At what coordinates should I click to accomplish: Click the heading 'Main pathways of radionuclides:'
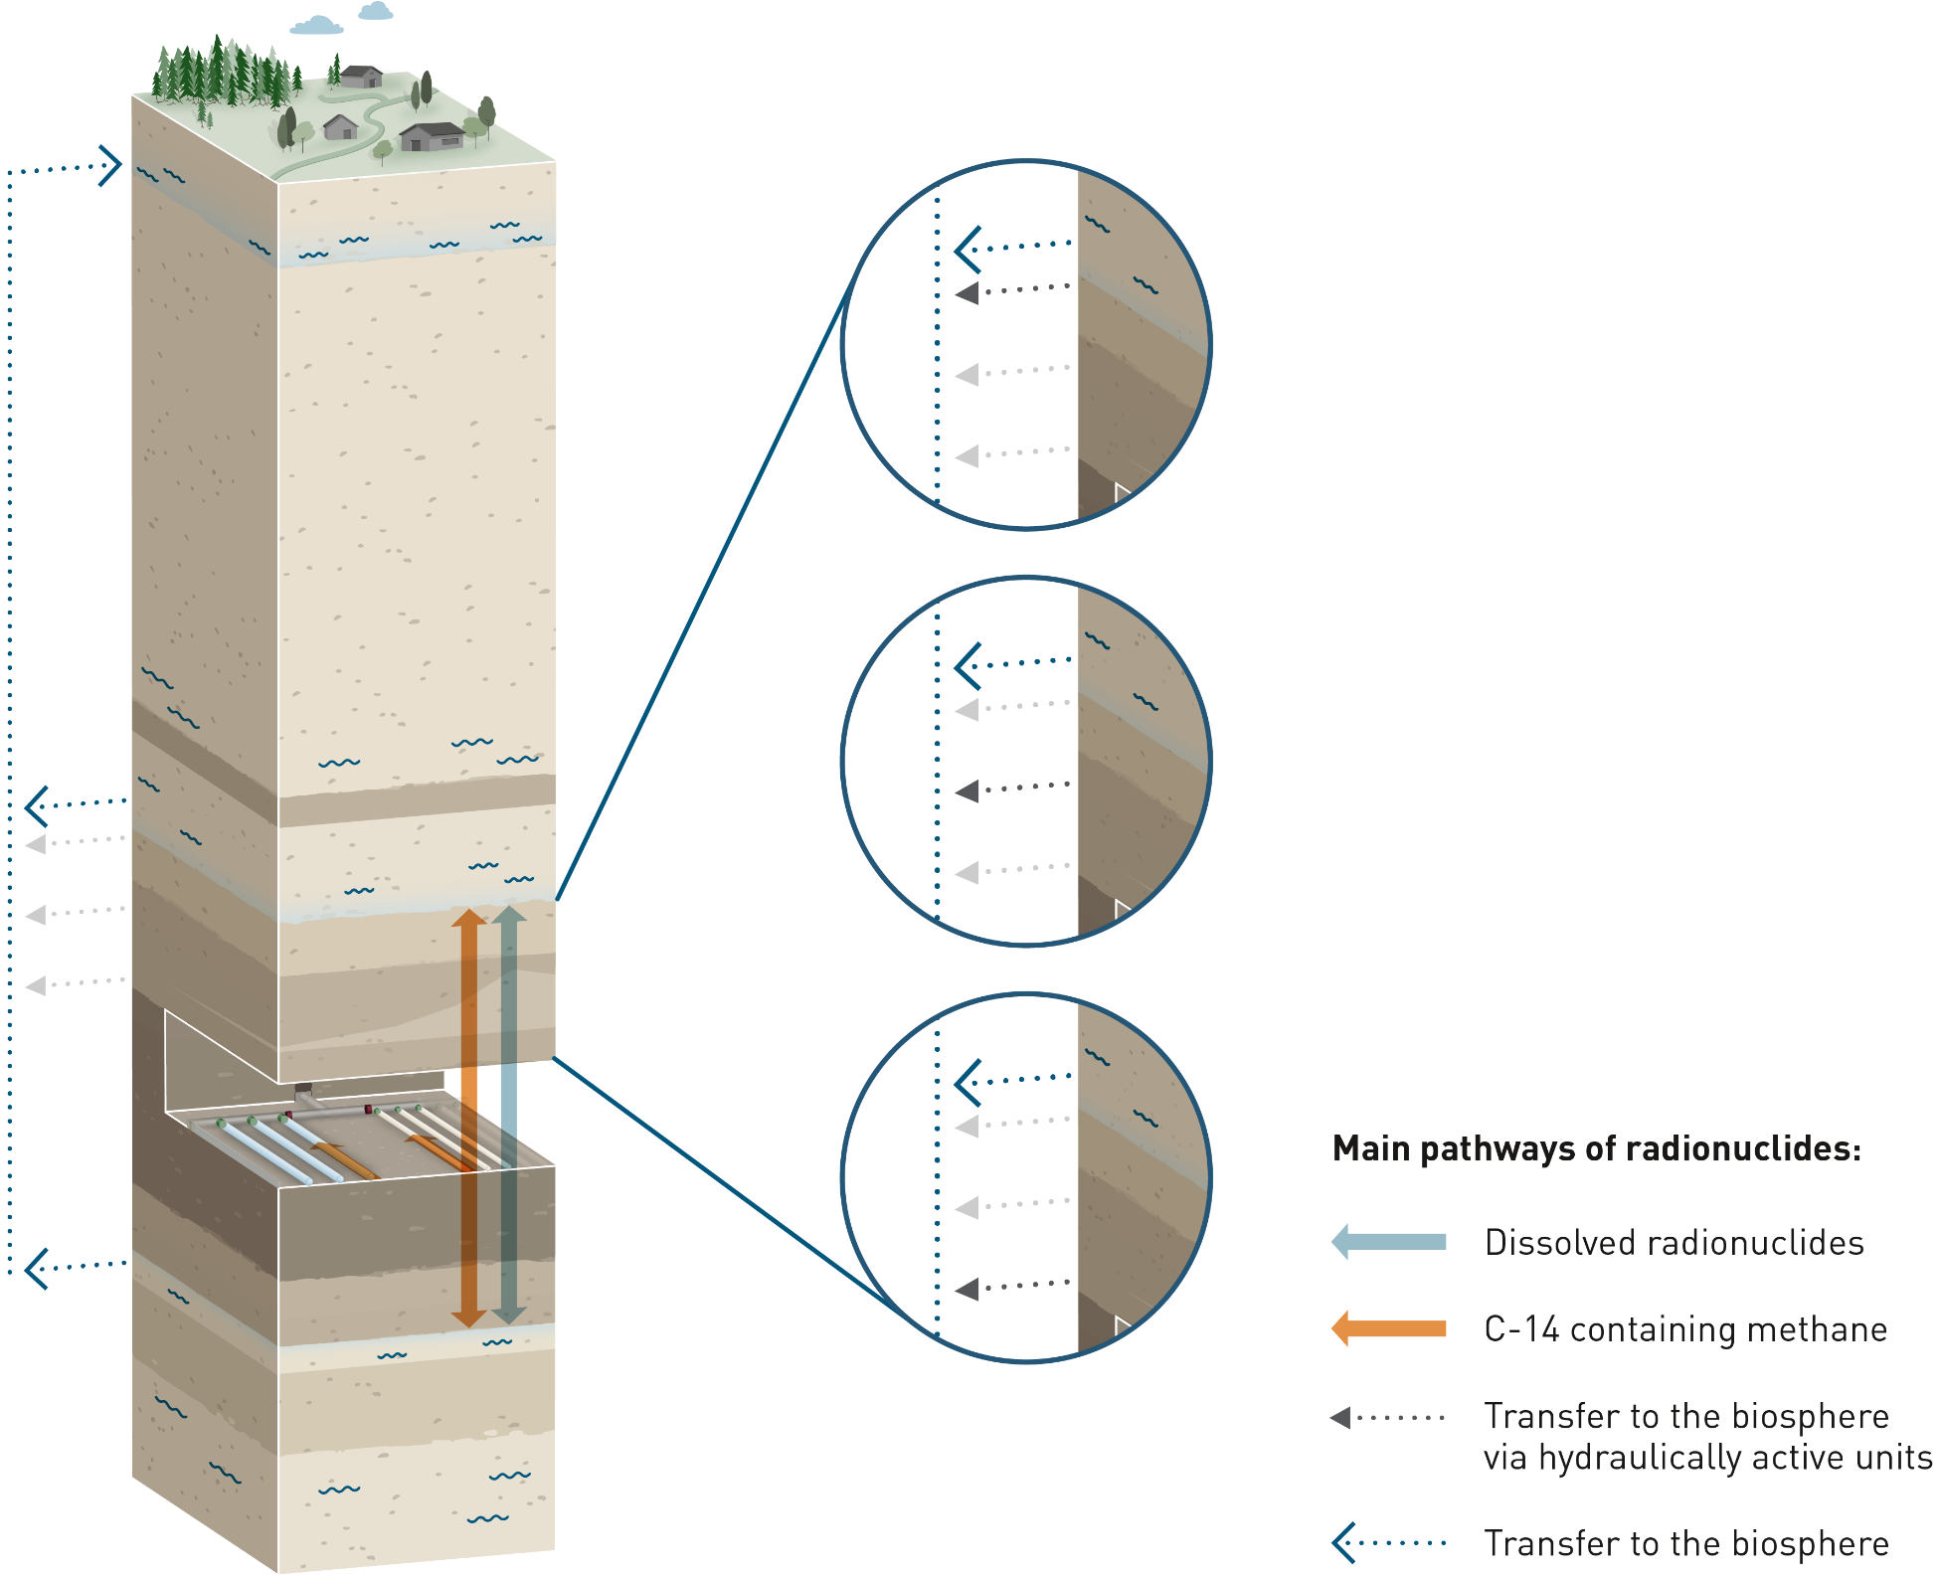1596,1148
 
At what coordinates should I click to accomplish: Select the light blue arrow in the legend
1388,1242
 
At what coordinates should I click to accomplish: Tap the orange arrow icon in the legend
1388,1328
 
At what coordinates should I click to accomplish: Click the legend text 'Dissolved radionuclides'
1674,1243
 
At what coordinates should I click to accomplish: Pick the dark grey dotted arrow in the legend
1387,1417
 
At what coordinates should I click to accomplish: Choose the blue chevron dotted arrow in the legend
1387,1543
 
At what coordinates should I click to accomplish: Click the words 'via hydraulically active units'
1707,1458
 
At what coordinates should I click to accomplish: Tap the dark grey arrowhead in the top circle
968,293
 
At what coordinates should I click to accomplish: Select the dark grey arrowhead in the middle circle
968,791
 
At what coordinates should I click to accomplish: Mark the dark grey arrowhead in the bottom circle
968,1290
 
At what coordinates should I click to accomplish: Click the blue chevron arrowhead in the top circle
968,249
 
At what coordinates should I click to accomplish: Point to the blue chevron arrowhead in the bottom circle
968,1082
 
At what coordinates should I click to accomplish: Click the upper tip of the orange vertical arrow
468,913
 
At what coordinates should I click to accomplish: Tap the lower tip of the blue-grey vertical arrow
509,1321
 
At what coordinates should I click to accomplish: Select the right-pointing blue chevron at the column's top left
110,165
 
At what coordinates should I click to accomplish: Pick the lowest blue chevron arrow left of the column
37,1268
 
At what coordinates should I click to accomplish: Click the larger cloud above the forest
317,25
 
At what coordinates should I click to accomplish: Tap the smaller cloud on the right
376,11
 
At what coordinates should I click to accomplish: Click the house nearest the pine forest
361,76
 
